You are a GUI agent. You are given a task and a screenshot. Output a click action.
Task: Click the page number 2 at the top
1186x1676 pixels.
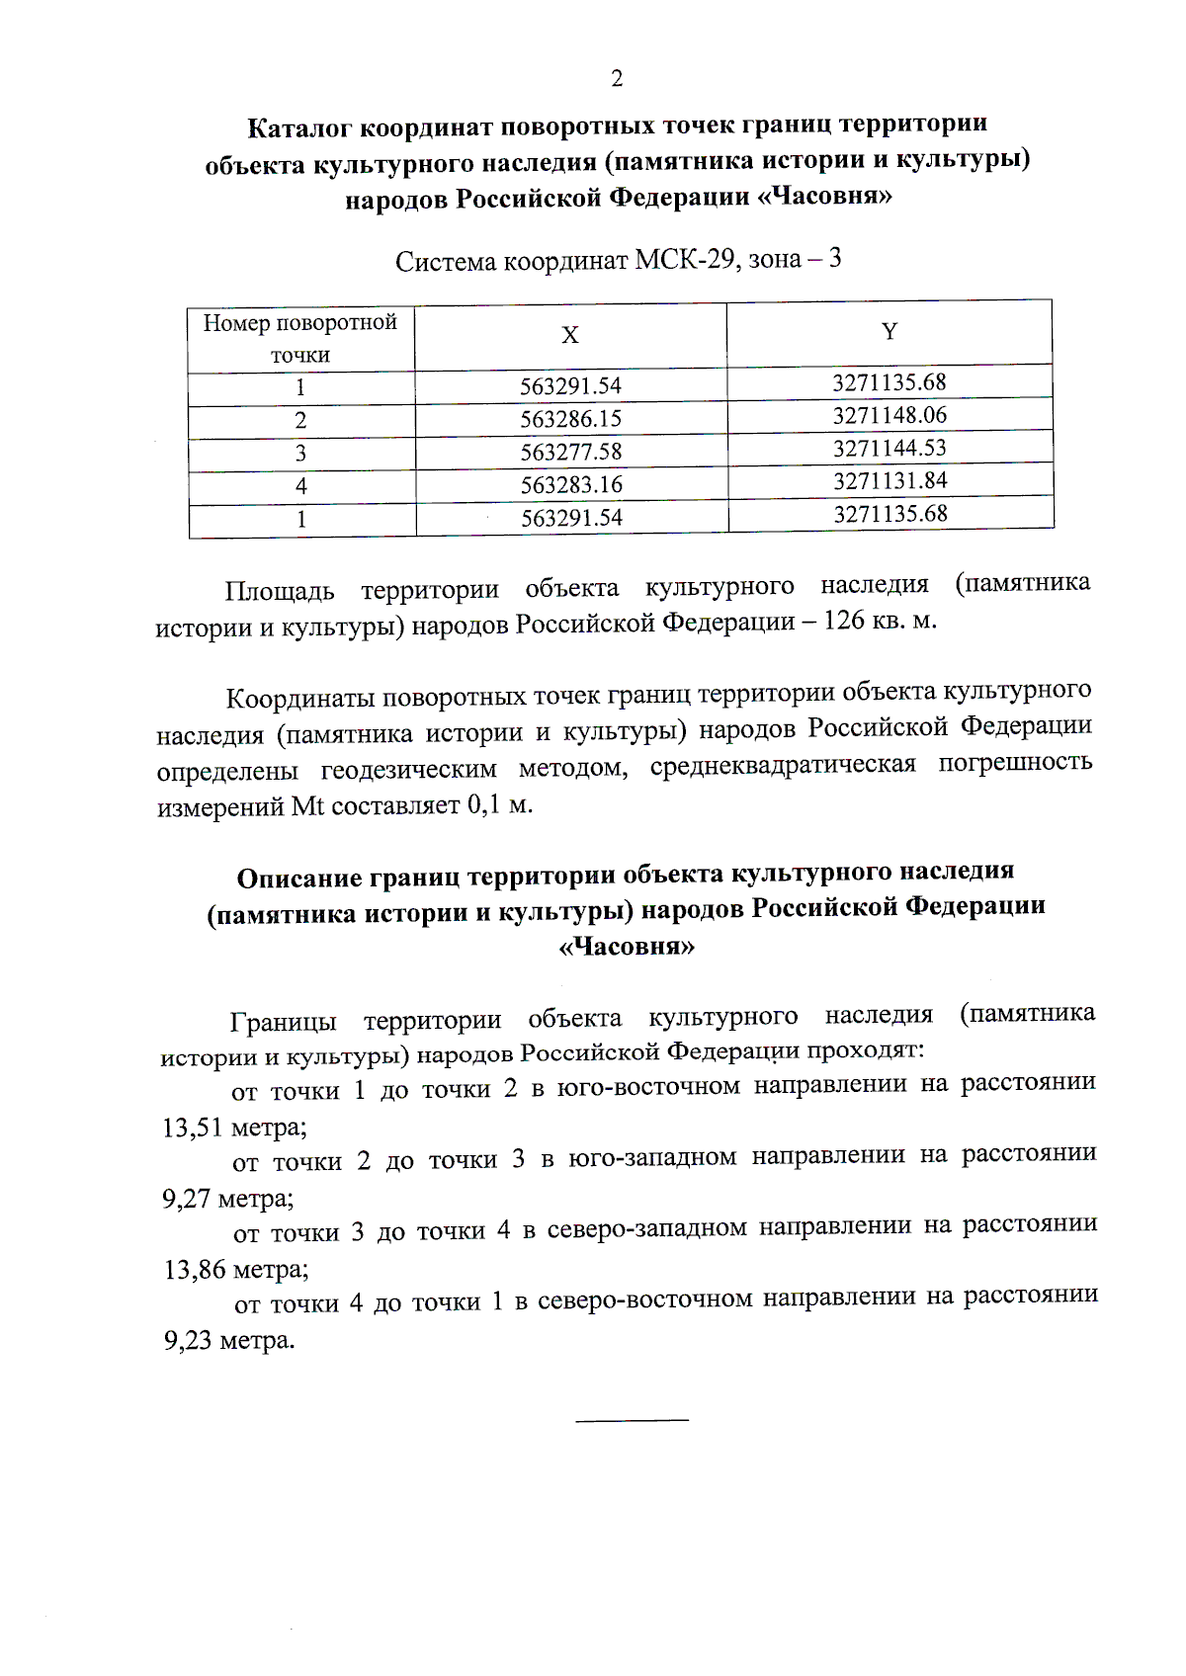click(617, 78)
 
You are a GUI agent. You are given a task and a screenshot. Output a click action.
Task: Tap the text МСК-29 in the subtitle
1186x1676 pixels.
click(684, 260)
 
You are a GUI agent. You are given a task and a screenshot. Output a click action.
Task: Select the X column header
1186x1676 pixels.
click(570, 336)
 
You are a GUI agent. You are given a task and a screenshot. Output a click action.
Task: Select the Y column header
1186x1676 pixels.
click(889, 331)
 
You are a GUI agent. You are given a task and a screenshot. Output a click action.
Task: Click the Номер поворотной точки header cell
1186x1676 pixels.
click(300, 338)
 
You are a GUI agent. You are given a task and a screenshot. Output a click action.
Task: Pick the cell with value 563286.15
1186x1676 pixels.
click(571, 419)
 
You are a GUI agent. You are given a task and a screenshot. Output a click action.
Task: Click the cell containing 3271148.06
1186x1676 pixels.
click(889, 415)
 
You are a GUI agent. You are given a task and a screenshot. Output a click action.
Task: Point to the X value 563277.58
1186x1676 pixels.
click(571, 452)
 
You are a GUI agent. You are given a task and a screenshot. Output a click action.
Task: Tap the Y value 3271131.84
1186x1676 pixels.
click(889, 480)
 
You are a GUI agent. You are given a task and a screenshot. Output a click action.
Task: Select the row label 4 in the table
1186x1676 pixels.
click(301, 486)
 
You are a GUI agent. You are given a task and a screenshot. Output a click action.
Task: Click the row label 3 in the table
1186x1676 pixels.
click(300, 454)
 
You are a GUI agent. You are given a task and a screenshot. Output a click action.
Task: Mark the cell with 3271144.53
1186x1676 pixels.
click(889, 448)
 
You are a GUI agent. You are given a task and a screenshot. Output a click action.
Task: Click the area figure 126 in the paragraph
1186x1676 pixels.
click(843, 621)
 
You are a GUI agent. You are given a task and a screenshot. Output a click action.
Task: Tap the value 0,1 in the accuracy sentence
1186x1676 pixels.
click(483, 804)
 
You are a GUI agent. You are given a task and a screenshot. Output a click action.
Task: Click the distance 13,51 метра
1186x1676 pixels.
click(234, 1128)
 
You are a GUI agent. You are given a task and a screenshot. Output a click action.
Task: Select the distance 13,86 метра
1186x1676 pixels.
click(236, 1269)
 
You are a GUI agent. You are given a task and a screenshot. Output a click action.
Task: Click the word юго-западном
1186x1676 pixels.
click(652, 1157)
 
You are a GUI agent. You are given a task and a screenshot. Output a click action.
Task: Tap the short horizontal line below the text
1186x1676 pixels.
click(632, 1420)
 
